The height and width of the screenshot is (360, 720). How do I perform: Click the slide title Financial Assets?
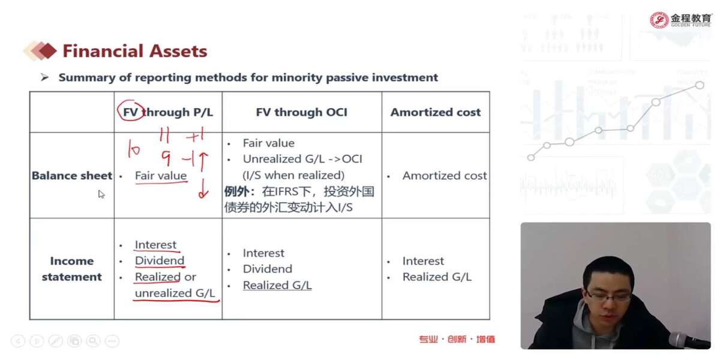point(135,51)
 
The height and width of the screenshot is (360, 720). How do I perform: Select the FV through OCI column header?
point(301,112)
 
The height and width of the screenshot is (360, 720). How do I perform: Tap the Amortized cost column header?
point(436,112)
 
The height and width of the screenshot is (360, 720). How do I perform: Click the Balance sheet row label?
point(72,175)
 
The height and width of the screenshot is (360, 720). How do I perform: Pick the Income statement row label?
point(71,269)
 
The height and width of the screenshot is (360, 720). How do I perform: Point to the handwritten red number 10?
point(134,148)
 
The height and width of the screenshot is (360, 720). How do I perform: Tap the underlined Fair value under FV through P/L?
point(161,175)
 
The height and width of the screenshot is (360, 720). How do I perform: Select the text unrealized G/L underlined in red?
point(175,293)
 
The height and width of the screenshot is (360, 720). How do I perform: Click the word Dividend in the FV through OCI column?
point(268,269)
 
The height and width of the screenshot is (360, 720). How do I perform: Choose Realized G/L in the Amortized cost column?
point(437,277)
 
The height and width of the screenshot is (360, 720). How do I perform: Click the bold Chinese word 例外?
point(236,191)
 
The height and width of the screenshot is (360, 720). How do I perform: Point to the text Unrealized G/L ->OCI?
point(302,159)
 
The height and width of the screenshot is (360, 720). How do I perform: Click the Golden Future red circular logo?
point(659,20)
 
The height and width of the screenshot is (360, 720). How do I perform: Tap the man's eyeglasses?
point(607,296)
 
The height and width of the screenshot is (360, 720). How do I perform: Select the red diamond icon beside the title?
point(47,51)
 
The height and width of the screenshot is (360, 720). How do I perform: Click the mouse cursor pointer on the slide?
point(101,194)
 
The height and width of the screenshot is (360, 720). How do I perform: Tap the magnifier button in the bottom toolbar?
point(93,341)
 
